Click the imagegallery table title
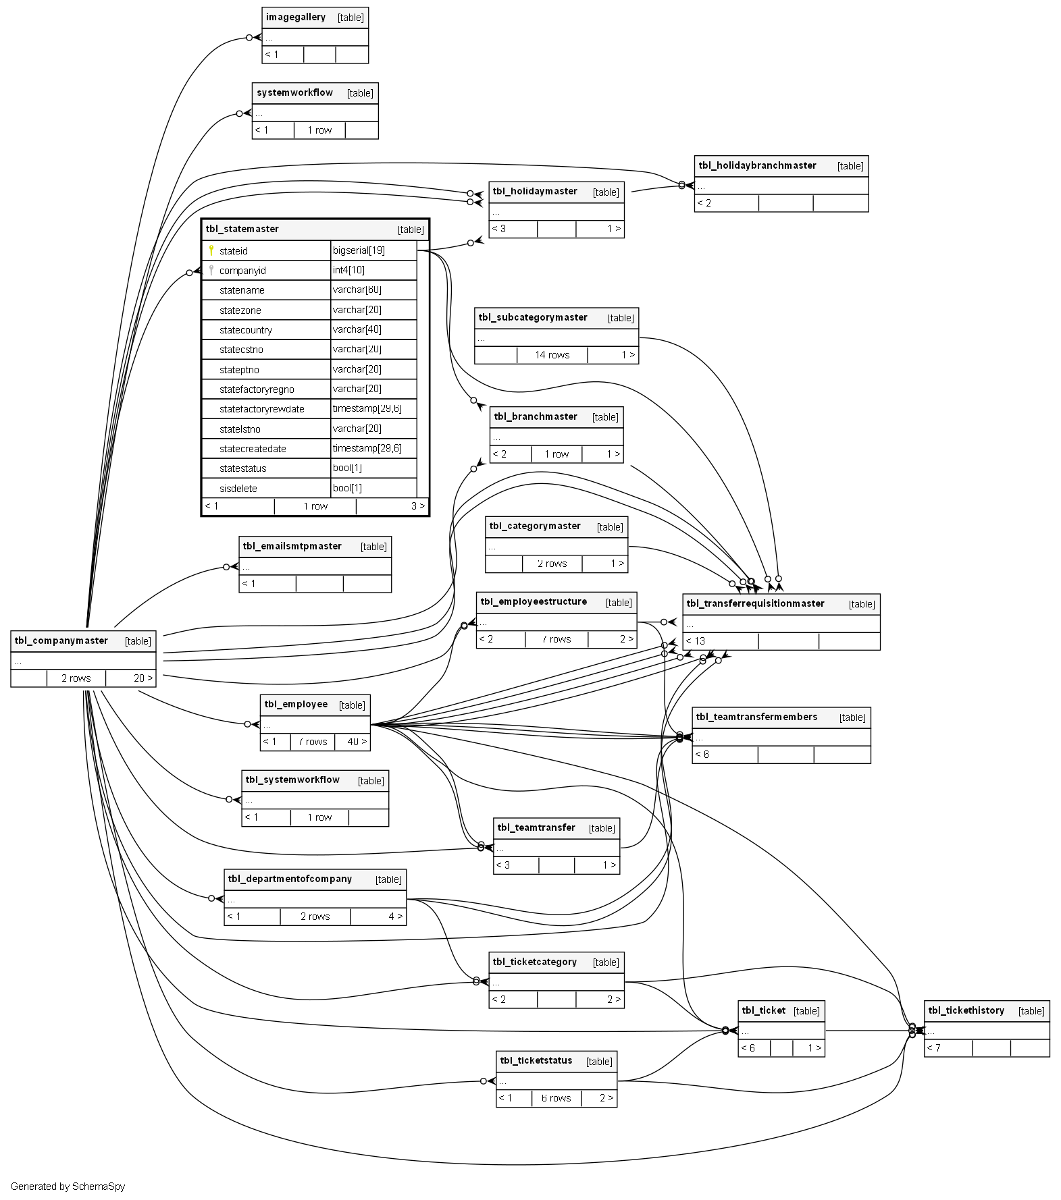tap(296, 18)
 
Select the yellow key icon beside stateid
tap(211, 250)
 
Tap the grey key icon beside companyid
tap(211, 270)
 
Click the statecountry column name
tap(246, 330)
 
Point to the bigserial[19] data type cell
tap(359, 250)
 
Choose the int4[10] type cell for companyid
tap(348, 270)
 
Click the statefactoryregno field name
tap(257, 389)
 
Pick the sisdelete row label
tap(238, 488)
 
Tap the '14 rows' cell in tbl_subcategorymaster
tap(552, 355)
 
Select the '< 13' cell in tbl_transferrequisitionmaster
tap(696, 641)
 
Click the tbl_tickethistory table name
tap(966, 1010)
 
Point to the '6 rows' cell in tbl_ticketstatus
tap(556, 1098)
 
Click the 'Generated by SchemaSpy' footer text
tap(68, 1187)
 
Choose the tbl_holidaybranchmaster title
tap(757, 165)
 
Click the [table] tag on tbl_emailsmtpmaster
tap(373, 547)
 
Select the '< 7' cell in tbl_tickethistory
tap(934, 1048)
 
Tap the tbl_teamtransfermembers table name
tap(756, 717)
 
